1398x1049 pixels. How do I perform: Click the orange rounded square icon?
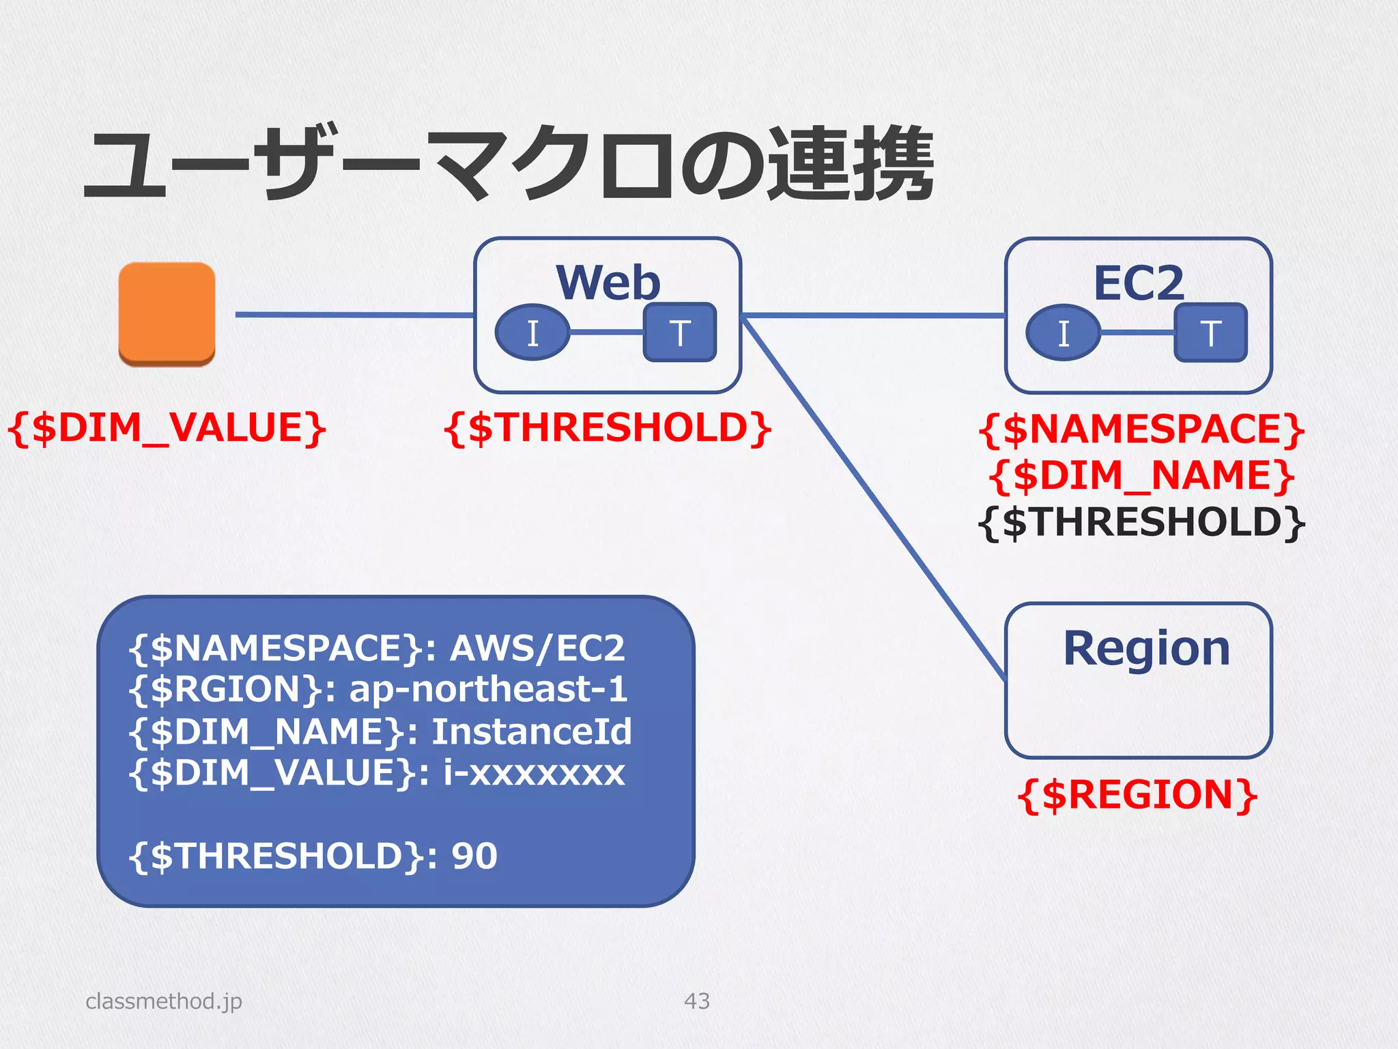coord(167,313)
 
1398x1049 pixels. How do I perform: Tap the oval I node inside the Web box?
coord(532,333)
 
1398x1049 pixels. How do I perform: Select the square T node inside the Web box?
coord(680,333)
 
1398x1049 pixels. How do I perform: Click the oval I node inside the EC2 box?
coord(1064,333)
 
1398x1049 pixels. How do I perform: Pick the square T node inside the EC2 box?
coord(1210,333)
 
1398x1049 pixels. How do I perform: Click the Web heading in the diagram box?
coord(608,282)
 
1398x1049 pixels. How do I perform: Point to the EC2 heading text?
coord(1139,282)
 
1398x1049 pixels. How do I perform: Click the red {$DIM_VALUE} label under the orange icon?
coord(167,428)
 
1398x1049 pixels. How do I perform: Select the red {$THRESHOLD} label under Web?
coord(608,428)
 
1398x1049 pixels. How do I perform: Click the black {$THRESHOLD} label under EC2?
coord(1141,522)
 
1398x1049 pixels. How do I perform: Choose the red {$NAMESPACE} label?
coord(1141,430)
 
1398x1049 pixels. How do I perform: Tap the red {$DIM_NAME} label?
coord(1141,476)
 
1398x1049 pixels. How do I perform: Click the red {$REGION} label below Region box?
coord(1137,795)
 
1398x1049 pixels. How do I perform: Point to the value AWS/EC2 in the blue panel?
coord(537,648)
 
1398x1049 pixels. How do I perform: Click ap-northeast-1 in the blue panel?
coord(488,689)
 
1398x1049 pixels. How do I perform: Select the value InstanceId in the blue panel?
coord(532,731)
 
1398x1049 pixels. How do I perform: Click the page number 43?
coord(697,1001)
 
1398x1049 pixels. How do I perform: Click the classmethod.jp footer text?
coord(164,1001)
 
